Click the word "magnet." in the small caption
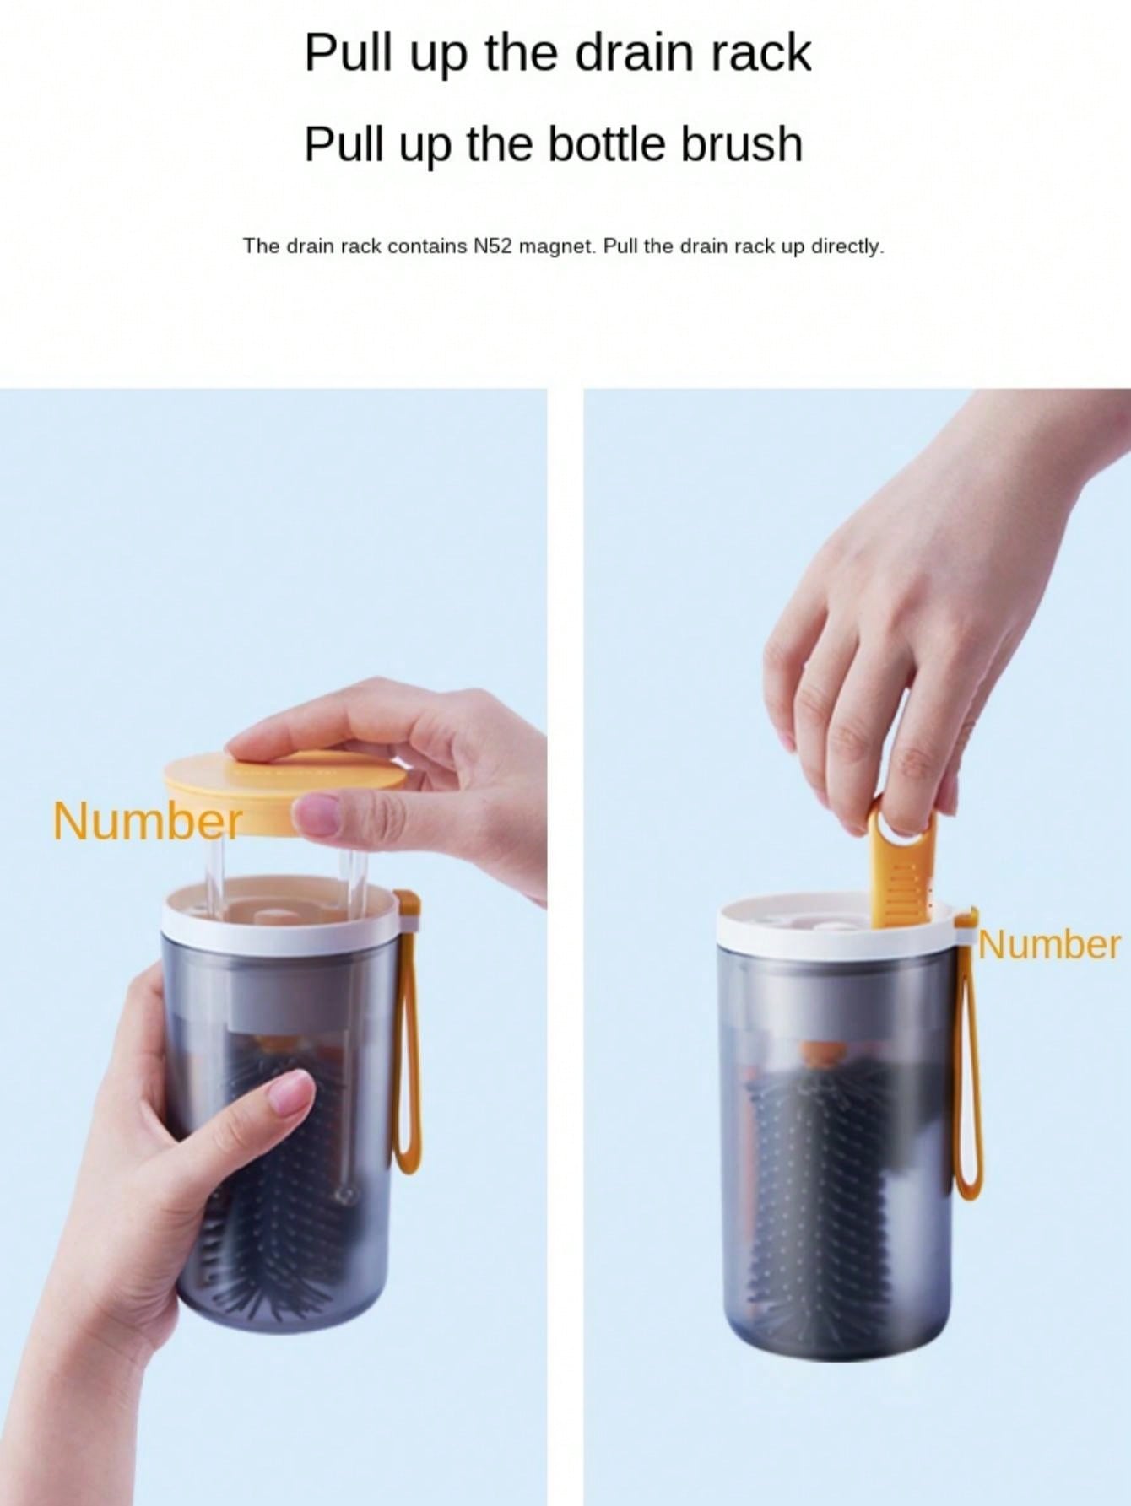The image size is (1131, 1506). click(552, 246)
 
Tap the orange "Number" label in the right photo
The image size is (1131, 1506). click(1050, 945)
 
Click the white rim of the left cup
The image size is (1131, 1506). click(279, 911)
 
